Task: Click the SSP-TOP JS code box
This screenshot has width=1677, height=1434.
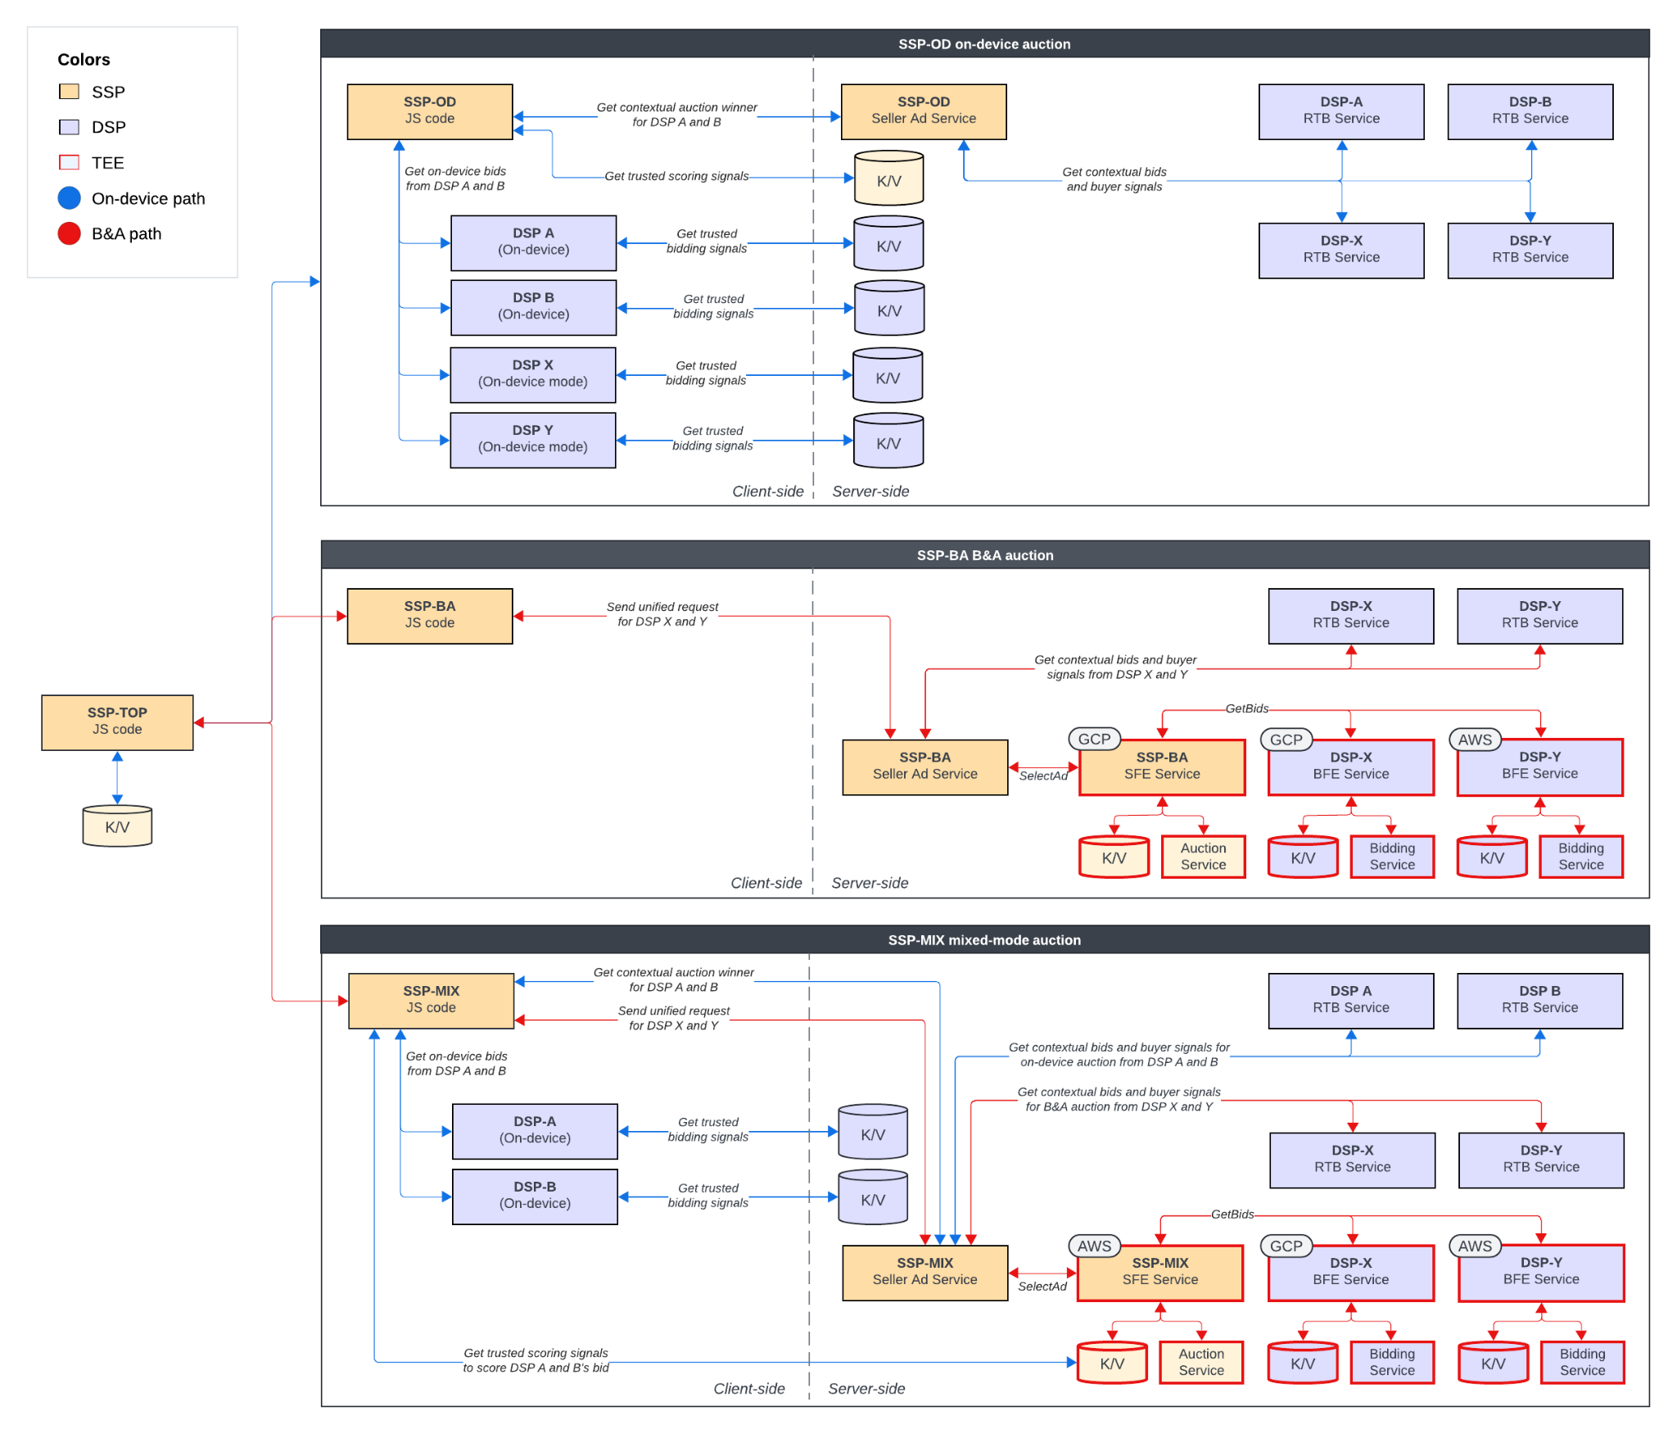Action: tap(117, 722)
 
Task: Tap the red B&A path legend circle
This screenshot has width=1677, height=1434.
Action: tap(70, 233)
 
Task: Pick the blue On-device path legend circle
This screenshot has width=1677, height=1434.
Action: tap(70, 197)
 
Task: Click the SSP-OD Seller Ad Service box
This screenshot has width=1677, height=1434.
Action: tap(923, 111)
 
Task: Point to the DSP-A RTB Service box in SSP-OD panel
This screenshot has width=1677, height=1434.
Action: tap(1340, 111)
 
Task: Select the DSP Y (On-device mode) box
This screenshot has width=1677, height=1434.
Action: tap(532, 440)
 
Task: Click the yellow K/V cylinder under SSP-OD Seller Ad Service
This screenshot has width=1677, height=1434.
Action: tap(888, 179)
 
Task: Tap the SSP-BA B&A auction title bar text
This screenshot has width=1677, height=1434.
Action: tap(984, 554)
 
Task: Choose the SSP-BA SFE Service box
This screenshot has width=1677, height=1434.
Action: tap(1161, 767)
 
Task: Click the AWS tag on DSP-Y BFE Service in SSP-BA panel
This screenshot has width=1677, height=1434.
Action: tap(1474, 739)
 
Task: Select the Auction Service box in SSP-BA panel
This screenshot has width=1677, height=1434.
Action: tap(1202, 856)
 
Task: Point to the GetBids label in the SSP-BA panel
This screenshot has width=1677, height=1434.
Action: tap(1246, 708)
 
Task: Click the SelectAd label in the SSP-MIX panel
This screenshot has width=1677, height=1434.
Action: tap(1042, 1286)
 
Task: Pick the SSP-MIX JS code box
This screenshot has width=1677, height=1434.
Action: tap(431, 999)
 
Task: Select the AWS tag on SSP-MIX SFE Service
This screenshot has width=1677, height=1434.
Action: tap(1093, 1245)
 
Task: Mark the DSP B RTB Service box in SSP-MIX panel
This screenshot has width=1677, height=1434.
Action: tap(1539, 999)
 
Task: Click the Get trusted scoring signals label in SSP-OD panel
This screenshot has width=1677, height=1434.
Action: tap(676, 176)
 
